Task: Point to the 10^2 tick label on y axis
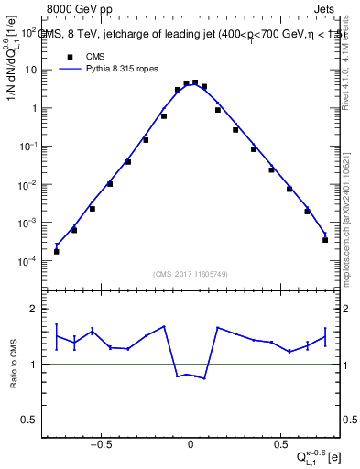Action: click(x=28, y=32)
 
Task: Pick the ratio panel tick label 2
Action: click(x=33, y=309)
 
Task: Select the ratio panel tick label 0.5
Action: click(x=29, y=420)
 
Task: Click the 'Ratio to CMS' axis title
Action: click(x=13, y=364)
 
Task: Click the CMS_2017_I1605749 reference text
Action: click(x=190, y=275)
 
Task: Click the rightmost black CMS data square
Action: click(x=325, y=240)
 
